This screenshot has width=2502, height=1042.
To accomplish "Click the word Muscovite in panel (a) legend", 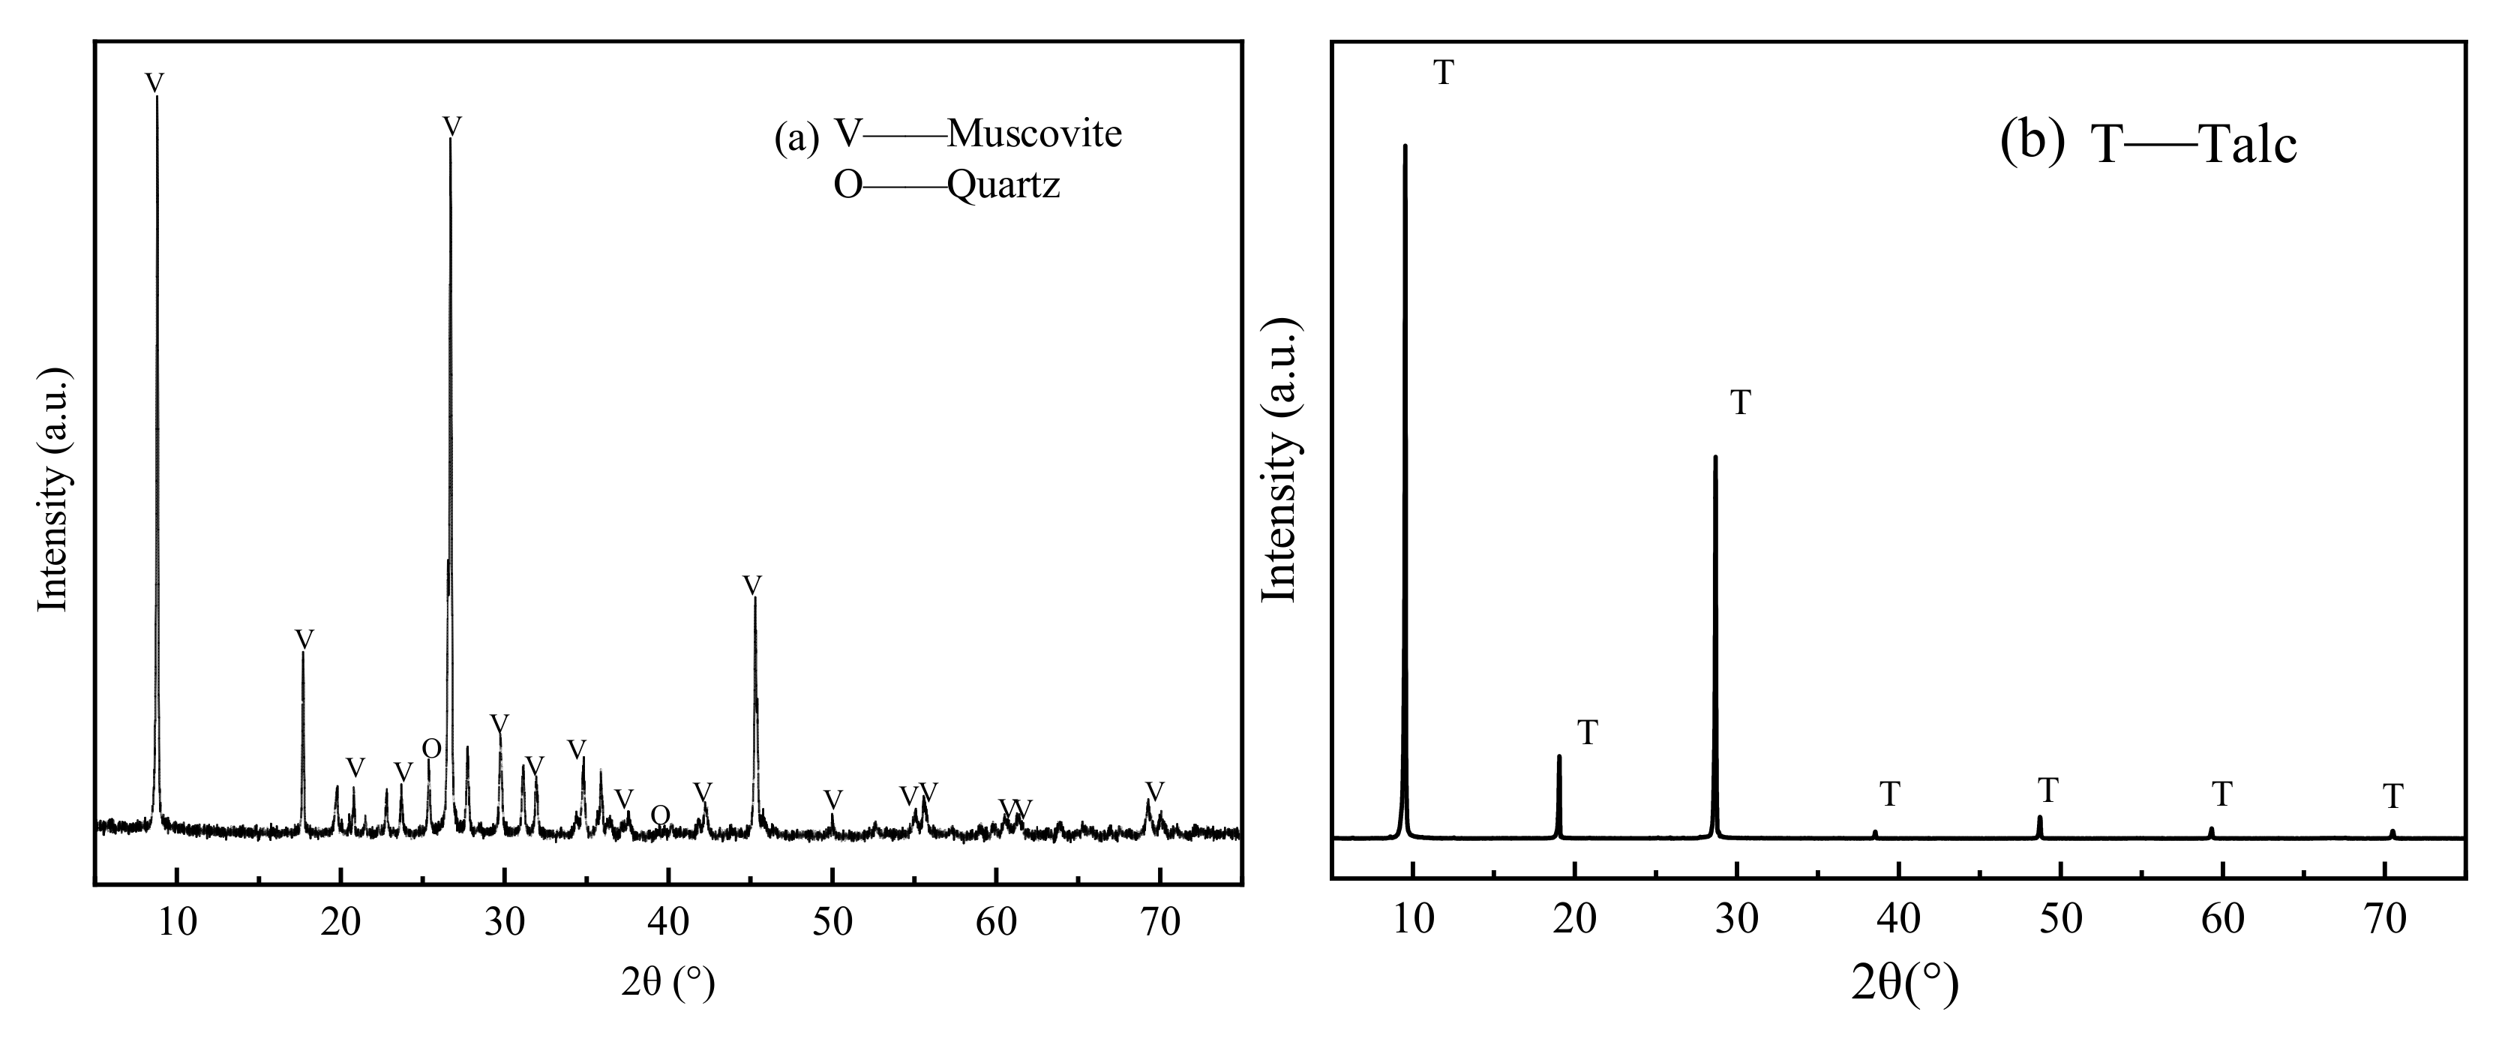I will click(x=1034, y=134).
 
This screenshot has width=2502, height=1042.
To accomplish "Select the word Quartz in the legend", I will click(x=1003, y=185).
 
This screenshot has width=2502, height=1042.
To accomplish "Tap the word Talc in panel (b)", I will click(x=2248, y=146).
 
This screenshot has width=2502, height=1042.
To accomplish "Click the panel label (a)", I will click(x=796, y=138).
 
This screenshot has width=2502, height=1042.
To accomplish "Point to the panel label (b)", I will click(x=2032, y=142).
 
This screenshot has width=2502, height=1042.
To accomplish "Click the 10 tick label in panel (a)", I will click(x=177, y=920).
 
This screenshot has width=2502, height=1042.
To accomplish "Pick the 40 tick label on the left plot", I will click(x=668, y=920).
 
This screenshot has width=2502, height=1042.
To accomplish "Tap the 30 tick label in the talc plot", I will click(x=1737, y=917).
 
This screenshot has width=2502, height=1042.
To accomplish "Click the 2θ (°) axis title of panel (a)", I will click(x=668, y=983).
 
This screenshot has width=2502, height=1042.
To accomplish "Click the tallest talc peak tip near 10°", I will click(x=1405, y=146).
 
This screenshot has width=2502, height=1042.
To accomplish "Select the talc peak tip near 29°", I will click(x=1715, y=456).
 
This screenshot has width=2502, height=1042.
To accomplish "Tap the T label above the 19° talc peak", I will click(x=1587, y=733).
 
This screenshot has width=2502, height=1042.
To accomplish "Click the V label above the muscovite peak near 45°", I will click(x=751, y=586).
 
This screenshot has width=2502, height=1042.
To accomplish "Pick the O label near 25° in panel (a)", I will click(x=431, y=749).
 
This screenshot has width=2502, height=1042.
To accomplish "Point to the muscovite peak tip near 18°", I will click(x=303, y=653).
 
